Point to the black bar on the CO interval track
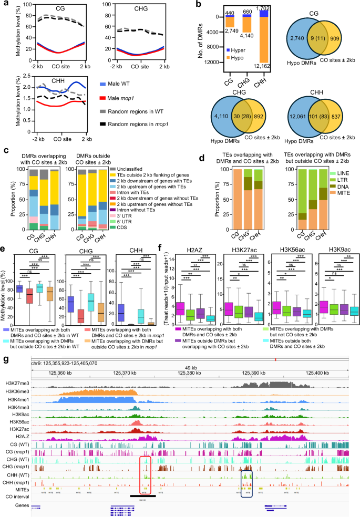142,495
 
